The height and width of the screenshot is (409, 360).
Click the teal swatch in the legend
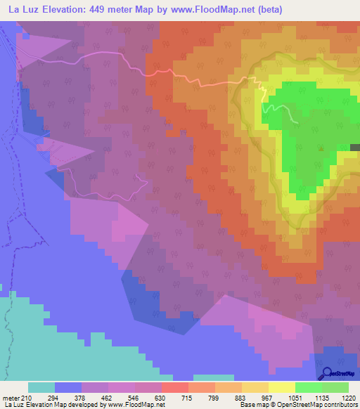coord(41,387)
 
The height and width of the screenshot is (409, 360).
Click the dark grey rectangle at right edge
coord(354,148)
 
